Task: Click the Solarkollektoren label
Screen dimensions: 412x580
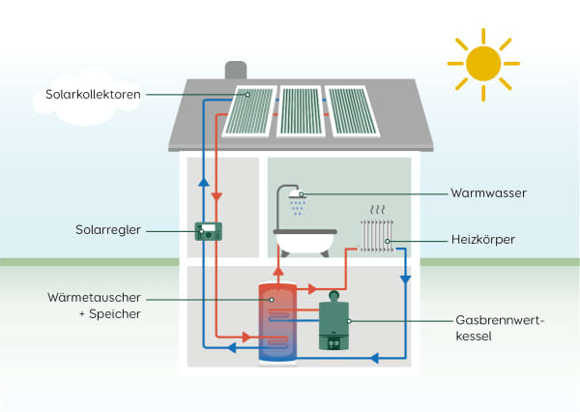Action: coord(94,95)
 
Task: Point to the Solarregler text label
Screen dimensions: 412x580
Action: coord(109,230)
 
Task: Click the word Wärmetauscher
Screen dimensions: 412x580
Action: coord(94,297)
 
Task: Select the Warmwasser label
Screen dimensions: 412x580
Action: coord(488,193)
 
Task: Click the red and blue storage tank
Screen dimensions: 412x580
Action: coord(275,320)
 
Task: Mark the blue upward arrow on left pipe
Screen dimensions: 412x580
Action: coord(203,182)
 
